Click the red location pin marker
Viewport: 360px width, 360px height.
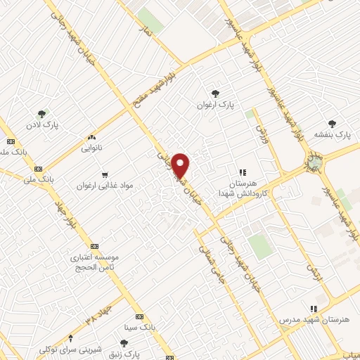[181, 165]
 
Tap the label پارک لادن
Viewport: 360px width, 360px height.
[44, 125]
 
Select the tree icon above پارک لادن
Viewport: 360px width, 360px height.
[44, 113]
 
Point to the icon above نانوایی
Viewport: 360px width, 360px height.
[91, 138]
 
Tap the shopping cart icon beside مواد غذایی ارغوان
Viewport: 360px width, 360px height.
[104, 174]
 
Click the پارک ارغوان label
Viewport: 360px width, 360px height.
[215, 105]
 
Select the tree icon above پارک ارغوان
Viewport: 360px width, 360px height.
[215, 93]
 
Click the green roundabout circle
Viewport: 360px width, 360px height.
[311, 164]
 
